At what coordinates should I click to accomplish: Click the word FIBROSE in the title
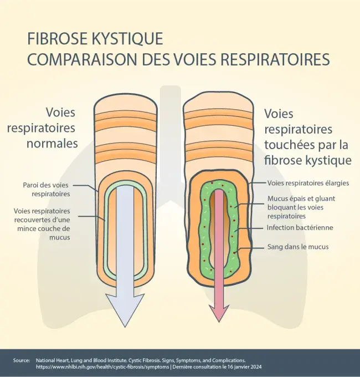(x=57, y=38)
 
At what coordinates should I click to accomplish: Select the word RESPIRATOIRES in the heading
(x=275, y=59)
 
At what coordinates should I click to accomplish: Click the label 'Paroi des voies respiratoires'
(x=47, y=190)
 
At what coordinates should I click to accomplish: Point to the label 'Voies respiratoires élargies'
(x=308, y=183)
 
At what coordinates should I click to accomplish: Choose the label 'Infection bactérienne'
(x=300, y=228)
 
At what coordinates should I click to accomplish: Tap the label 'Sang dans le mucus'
(x=298, y=247)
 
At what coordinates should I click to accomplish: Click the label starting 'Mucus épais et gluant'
(x=301, y=207)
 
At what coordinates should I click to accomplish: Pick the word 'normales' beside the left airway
(x=53, y=144)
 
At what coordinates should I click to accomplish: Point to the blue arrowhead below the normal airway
(x=125, y=310)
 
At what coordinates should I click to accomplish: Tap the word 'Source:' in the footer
(x=22, y=360)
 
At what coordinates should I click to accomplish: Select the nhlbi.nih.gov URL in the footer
(x=102, y=367)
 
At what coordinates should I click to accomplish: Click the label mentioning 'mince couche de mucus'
(x=42, y=224)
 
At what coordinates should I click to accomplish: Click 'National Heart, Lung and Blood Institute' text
(x=81, y=360)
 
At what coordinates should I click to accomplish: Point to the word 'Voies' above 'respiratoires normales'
(x=60, y=113)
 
